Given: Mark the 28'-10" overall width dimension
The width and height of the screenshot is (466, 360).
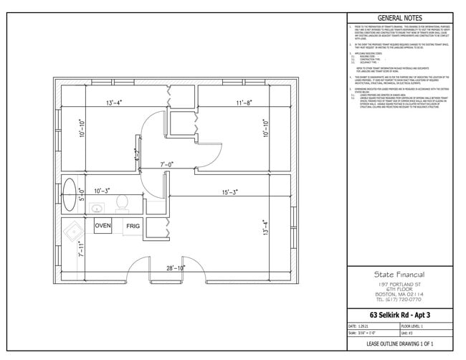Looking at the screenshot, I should [176, 267].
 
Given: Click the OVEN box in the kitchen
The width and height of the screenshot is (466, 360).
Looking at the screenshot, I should [103, 226].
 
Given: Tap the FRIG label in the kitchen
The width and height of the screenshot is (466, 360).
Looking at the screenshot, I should [133, 226].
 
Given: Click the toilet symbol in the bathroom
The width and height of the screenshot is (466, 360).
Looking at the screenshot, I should [121, 202].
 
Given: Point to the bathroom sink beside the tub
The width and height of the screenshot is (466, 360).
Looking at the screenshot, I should [96, 209].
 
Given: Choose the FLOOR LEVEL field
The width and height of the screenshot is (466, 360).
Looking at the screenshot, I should [427, 325].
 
